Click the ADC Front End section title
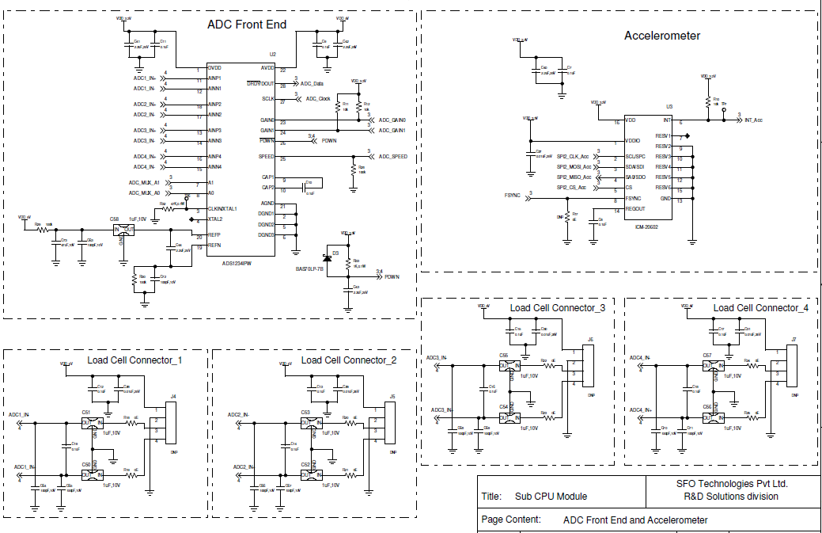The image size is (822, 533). click(x=247, y=25)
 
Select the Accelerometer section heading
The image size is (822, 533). click(x=661, y=36)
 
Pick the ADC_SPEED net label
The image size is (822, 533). click(x=392, y=157)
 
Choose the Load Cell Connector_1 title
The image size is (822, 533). click(x=135, y=360)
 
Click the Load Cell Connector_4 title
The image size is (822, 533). click(x=760, y=308)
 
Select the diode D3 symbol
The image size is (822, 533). click(x=326, y=258)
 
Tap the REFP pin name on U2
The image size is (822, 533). click(x=214, y=236)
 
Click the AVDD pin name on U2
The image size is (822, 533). click(x=267, y=69)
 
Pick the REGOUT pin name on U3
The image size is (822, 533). click(x=636, y=209)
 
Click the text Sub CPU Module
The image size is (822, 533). click(x=551, y=497)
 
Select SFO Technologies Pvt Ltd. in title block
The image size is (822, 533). click(x=731, y=483)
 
